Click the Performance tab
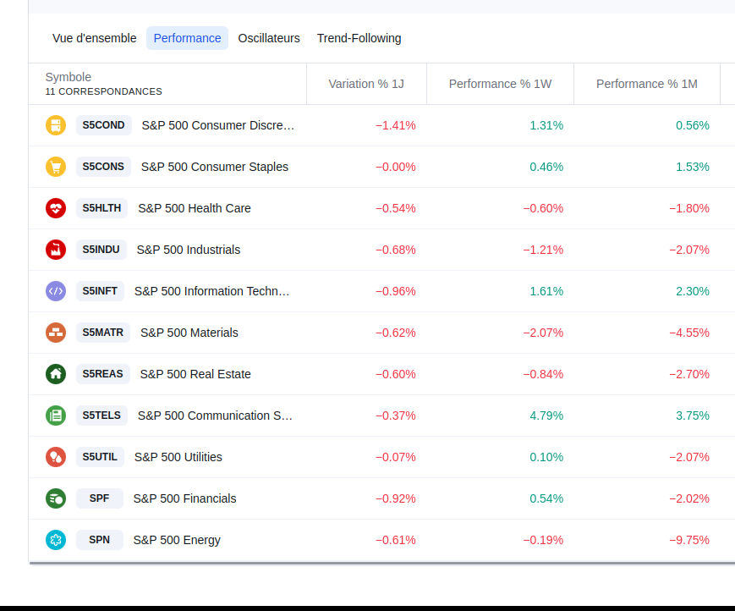[187, 38]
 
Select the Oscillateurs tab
[269, 38]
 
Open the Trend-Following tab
[359, 38]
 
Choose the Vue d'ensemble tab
[95, 38]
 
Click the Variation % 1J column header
[366, 84]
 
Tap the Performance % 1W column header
[500, 84]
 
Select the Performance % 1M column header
[647, 84]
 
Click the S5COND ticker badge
[103, 125]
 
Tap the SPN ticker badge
[99, 540]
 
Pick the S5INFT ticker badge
[100, 291]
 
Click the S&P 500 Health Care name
[195, 208]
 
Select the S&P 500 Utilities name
[178, 457]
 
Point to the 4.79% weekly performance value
[546, 416]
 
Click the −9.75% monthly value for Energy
[689, 540]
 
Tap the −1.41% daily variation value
[396, 125]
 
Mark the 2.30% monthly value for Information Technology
[693, 291]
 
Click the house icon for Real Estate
[56, 374]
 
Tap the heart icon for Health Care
[56, 208]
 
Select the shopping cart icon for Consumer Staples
[56, 167]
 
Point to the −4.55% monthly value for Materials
[689, 333]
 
